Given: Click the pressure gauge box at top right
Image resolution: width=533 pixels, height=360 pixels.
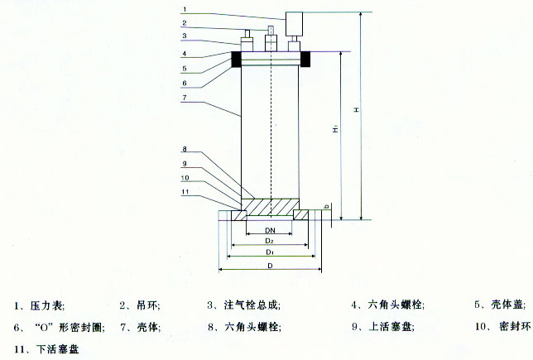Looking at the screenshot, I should tap(295, 22).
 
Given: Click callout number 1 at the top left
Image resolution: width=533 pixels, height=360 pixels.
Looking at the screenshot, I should tap(185, 9).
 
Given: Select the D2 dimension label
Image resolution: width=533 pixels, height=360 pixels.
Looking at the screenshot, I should tap(269, 240).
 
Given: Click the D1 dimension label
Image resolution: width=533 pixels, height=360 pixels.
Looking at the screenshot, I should tap(270, 251).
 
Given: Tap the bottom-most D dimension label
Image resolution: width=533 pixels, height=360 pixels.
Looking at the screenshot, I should tap(270, 265).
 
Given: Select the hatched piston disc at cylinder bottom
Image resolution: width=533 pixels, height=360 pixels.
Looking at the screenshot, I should tap(270, 204).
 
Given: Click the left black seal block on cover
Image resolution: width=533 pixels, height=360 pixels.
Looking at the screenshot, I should tap(236, 59).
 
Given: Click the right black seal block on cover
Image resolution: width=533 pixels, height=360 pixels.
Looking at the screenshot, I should tap(305, 59).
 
